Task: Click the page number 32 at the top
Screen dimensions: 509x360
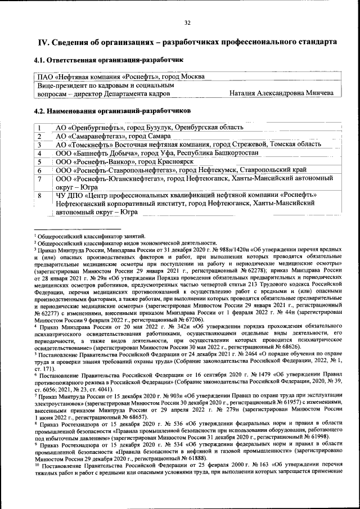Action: pyautogui.click(x=187, y=22)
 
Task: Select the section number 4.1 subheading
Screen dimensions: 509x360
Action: pyautogui.click(x=40, y=60)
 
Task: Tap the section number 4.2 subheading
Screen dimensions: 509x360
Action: pyautogui.click(x=40, y=111)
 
